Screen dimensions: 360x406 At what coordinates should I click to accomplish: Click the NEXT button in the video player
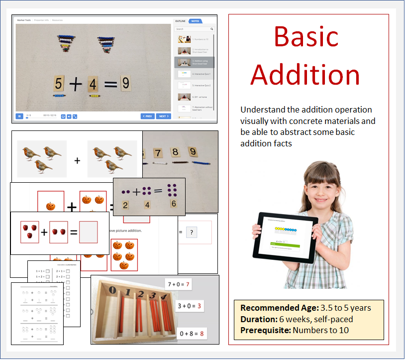tap(163, 117)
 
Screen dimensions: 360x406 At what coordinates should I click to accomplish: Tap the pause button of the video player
tap(19, 117)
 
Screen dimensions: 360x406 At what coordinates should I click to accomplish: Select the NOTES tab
tap(195, 21)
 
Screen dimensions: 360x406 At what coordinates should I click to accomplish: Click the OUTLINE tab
tap(180, 21)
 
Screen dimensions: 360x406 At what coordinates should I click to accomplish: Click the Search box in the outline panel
tap(194, 29)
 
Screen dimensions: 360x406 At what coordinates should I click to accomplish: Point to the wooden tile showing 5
tap(59, 83)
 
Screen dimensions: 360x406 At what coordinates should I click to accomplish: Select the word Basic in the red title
tap(306, 37)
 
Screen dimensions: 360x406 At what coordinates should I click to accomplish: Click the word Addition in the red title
tap(305, 75)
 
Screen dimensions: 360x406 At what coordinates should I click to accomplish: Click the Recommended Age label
tap(272, 308)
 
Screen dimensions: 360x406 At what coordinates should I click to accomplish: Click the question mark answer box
tap(192, 232)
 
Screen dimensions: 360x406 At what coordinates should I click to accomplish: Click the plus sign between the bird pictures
tap(77, 160)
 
